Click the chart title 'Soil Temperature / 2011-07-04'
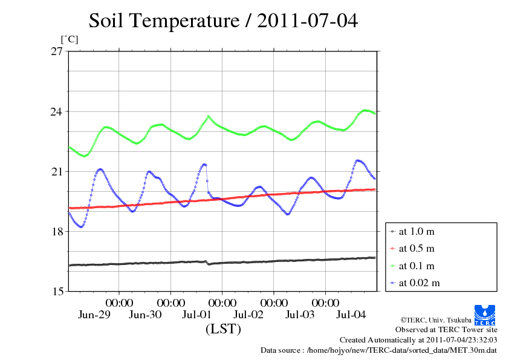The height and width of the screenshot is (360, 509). pyautogui.click(x=223, y=21)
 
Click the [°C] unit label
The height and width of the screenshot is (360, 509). pyautogui.click(x=69, y=39)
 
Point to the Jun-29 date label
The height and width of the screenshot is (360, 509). pyautogui.click(x=94, y=315)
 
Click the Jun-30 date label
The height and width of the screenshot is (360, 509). pyautogui.click(x=146, y=315)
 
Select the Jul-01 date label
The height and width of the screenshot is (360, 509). pyautogui.click(x=197, y=315)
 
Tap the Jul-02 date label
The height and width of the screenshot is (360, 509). pyautogui.click(x=248, y=315)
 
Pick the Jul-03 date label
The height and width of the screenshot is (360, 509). pyautogui.click(x=300, y=315)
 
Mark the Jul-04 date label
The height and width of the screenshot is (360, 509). pyautogui.click(x=351, y=315)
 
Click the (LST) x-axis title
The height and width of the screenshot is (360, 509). pyautogui.click(x=223, y=330)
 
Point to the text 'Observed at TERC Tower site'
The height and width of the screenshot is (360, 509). pyautogui.click(x=446, y=330)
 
